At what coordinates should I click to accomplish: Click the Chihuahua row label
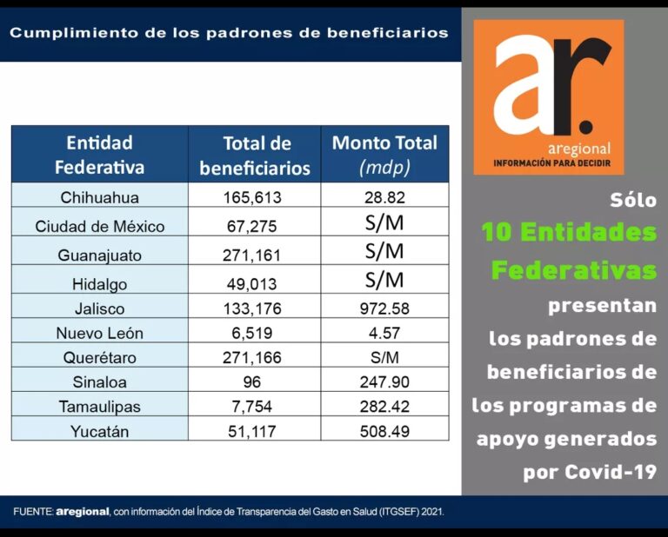tap(99, 197)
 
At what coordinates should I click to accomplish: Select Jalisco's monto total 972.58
tap(384, 308)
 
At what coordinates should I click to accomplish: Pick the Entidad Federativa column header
tap(99, 154)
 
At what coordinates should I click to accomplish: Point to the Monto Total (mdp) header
tap(384, 154)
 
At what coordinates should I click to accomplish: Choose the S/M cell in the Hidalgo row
tap(384, 280)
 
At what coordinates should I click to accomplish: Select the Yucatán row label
tap(99, 431)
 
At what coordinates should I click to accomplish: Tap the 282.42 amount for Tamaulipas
tap(384, 406)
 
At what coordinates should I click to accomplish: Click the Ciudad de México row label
tap(99, 227)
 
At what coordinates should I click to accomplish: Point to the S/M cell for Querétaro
tap(384, 357)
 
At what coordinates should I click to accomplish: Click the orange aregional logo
tap(549, 96)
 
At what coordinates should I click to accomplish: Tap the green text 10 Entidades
tap(569, 233)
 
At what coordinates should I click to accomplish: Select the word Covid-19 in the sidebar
tap(613, 473)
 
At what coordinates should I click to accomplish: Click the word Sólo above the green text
tap(632, 199)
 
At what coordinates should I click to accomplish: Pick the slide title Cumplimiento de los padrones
tap(229, 33)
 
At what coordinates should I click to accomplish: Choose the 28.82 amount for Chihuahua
tap(384, 197)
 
